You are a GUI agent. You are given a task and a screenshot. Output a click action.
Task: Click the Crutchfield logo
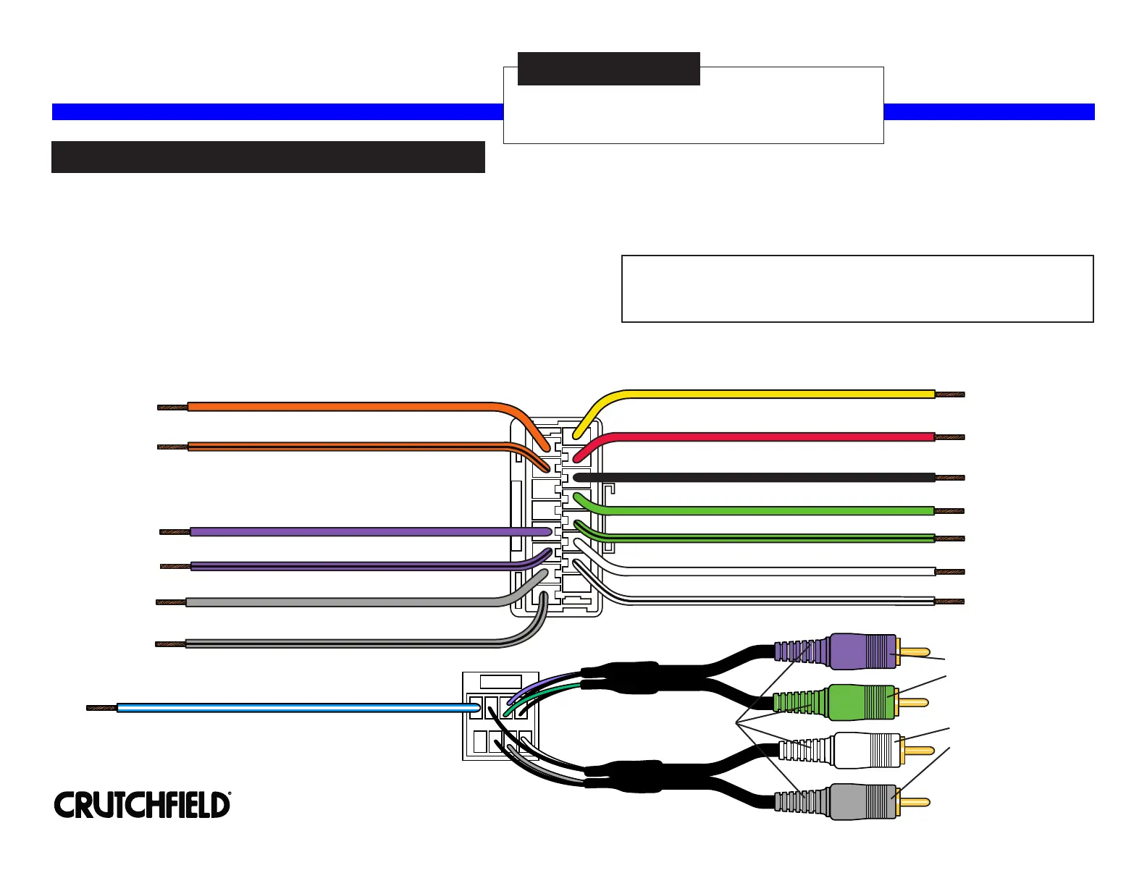click(142, 805)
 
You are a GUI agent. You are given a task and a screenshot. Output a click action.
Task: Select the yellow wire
click(760, 394)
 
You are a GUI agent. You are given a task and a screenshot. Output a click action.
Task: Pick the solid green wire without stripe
click(760, 510)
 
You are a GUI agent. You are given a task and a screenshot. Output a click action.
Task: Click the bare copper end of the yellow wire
click(950, 395)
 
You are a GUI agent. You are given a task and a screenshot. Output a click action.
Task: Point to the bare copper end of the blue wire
click(101, 708)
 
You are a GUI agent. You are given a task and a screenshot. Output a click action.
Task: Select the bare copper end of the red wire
click(950, 437)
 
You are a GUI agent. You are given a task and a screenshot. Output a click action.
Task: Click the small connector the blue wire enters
click(500, 717)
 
